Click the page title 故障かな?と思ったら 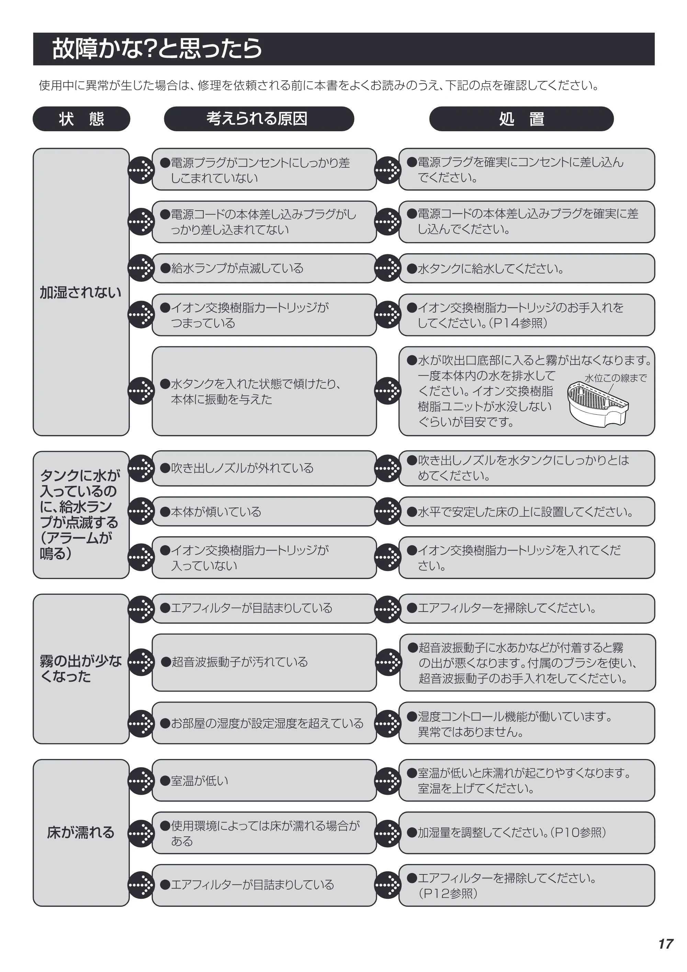click(x=157, y=49)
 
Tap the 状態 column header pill click(x=81, y=119)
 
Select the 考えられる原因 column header click(x=259, y=119)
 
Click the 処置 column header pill click(x=521, y=119)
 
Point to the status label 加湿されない click(x=80, y=292)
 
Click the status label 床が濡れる click(x=80, y=832)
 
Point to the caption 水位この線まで click(x=616, y=378)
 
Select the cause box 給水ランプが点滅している click(x=264, y=268)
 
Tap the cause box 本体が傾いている click(x=264, y=511)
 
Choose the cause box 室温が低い click(x=264, y=780)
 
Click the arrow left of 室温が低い click(x=141, y=780)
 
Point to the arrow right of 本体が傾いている click(x=387, y=511)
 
